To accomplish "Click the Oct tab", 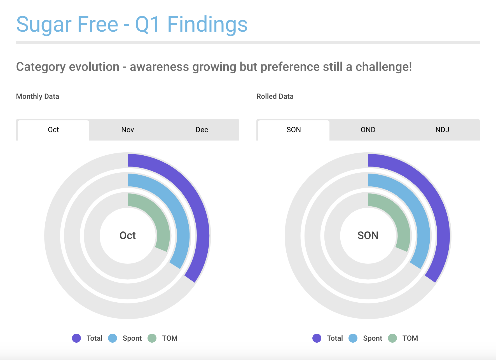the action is [53, 130].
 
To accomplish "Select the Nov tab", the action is [128, 130].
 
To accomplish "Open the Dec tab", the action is [202, 130].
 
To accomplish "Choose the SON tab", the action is [294, 130].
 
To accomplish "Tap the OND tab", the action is [368, 130].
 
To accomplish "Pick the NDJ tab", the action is [442, 130].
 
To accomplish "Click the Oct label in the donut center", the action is [128, 235].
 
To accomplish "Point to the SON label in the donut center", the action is [368, 235].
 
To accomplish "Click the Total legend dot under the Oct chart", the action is [76, 338].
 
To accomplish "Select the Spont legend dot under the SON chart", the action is [353, 338].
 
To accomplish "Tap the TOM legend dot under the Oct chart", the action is [152, 338].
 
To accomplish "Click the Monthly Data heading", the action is [38, 97].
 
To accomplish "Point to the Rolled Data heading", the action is [275, 97].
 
